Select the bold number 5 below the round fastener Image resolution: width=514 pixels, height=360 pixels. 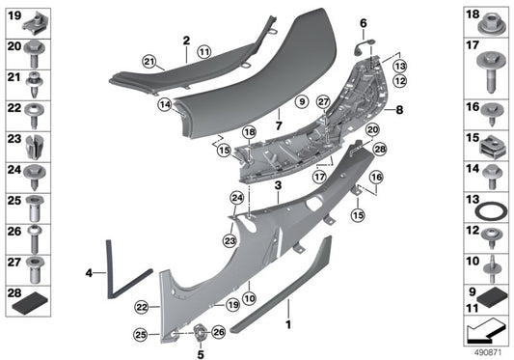202,354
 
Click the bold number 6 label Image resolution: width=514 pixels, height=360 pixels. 364,22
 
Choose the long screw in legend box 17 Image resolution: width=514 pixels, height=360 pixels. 487,67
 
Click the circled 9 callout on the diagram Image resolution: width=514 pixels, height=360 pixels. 300,100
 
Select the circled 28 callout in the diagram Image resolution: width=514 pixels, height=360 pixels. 379,149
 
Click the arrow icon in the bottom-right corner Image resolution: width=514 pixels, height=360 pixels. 483,333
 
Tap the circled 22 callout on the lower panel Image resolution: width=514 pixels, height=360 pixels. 141,307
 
